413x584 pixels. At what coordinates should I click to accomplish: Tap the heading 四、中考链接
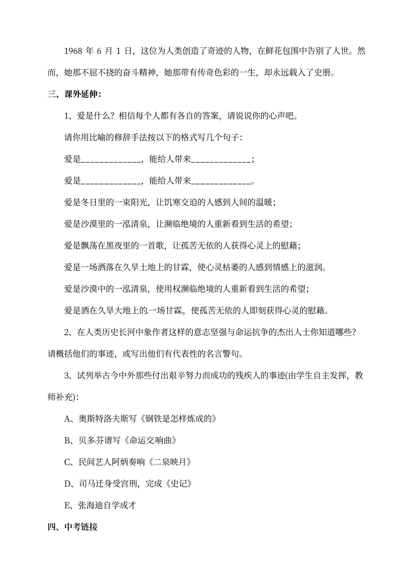click(73, 527)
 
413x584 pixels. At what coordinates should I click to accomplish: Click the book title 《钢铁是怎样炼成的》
click(179, 419)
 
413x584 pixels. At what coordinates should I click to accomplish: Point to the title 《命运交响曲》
click(150, 440)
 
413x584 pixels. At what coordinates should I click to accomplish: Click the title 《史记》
click(179, 484)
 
